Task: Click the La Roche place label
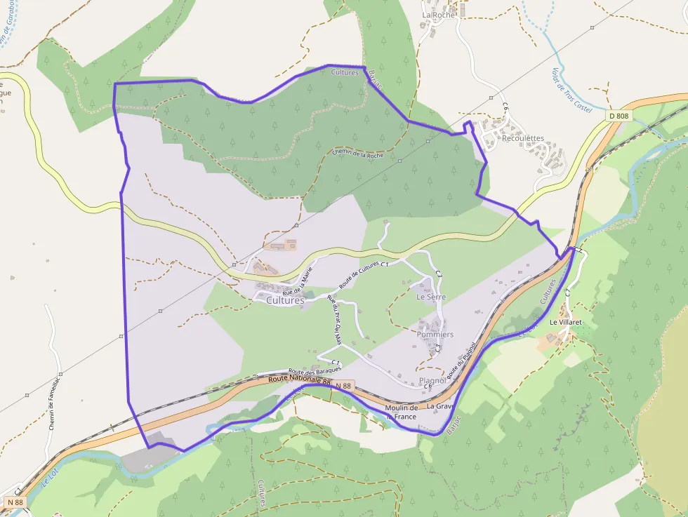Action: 439,14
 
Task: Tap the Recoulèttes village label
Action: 522,138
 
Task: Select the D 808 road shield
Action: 618,115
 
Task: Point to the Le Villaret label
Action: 565,322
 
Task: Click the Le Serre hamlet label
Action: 431,297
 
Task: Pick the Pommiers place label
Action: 435,335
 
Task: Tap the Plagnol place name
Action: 432,381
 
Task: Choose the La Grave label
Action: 441,406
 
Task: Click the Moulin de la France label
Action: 402,412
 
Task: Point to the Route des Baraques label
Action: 315,370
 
